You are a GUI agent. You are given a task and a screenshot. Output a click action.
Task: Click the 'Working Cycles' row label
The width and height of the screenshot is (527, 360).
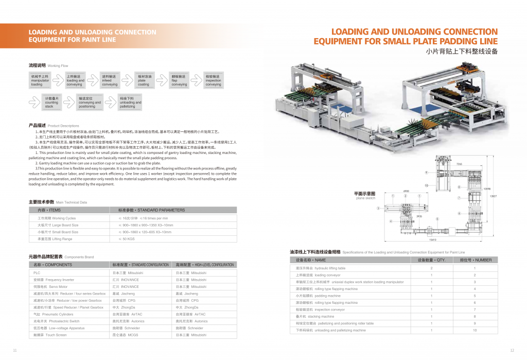coord(57,218)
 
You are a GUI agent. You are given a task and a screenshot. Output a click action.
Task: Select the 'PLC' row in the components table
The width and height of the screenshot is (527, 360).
coord(37,272)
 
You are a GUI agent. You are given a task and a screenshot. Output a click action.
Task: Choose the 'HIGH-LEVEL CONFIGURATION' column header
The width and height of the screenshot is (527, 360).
coord(204,264)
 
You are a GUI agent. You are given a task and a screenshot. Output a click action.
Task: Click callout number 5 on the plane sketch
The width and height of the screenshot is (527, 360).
coord(437,219)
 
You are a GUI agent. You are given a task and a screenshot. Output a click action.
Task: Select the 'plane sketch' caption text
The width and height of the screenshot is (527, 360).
coord(365,198)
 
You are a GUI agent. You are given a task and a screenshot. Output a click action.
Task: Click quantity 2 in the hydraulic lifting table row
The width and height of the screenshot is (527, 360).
coord(431,268)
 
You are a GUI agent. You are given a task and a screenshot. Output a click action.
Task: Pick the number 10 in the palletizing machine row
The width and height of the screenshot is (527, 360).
coord(475,330)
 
